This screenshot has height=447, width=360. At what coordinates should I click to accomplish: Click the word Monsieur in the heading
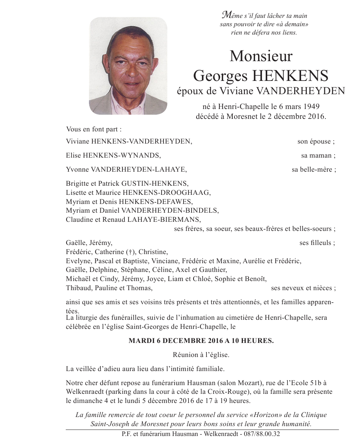coord(261,57)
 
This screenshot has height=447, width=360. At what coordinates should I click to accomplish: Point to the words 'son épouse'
coord(315,142)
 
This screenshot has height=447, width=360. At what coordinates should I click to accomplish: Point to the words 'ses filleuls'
coord(316,243)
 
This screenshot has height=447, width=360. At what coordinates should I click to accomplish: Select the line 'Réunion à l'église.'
coord(201,355)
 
